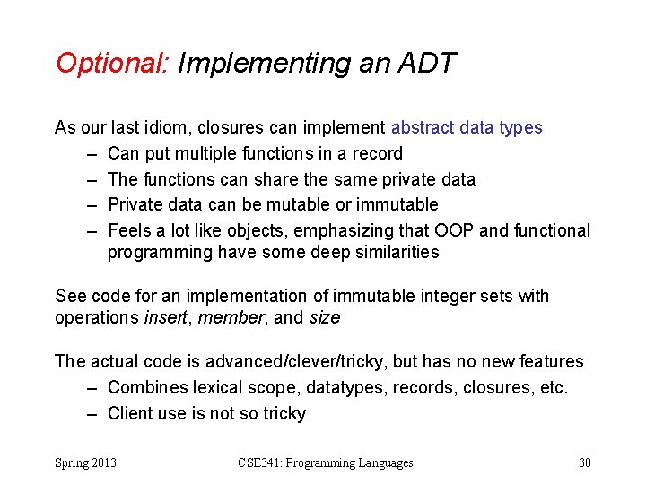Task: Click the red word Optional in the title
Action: (x=111, y=64)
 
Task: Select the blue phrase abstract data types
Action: (x=467, y=127)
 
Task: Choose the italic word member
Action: (x=229, y=317)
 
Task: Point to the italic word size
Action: (x=324, y=317)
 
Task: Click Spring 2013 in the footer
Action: (x=85, y=462)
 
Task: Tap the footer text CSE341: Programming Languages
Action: (x=326, y=462)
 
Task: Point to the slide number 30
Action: (x=585, y=462)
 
